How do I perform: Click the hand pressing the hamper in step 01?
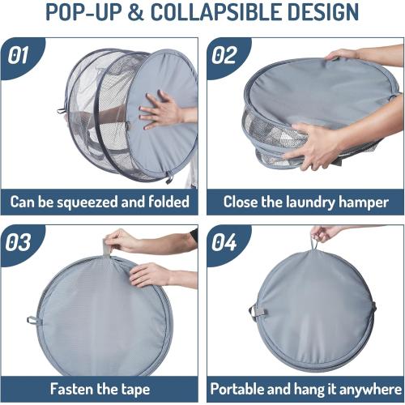162,109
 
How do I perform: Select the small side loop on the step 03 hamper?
32,320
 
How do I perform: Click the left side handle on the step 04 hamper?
254,312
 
